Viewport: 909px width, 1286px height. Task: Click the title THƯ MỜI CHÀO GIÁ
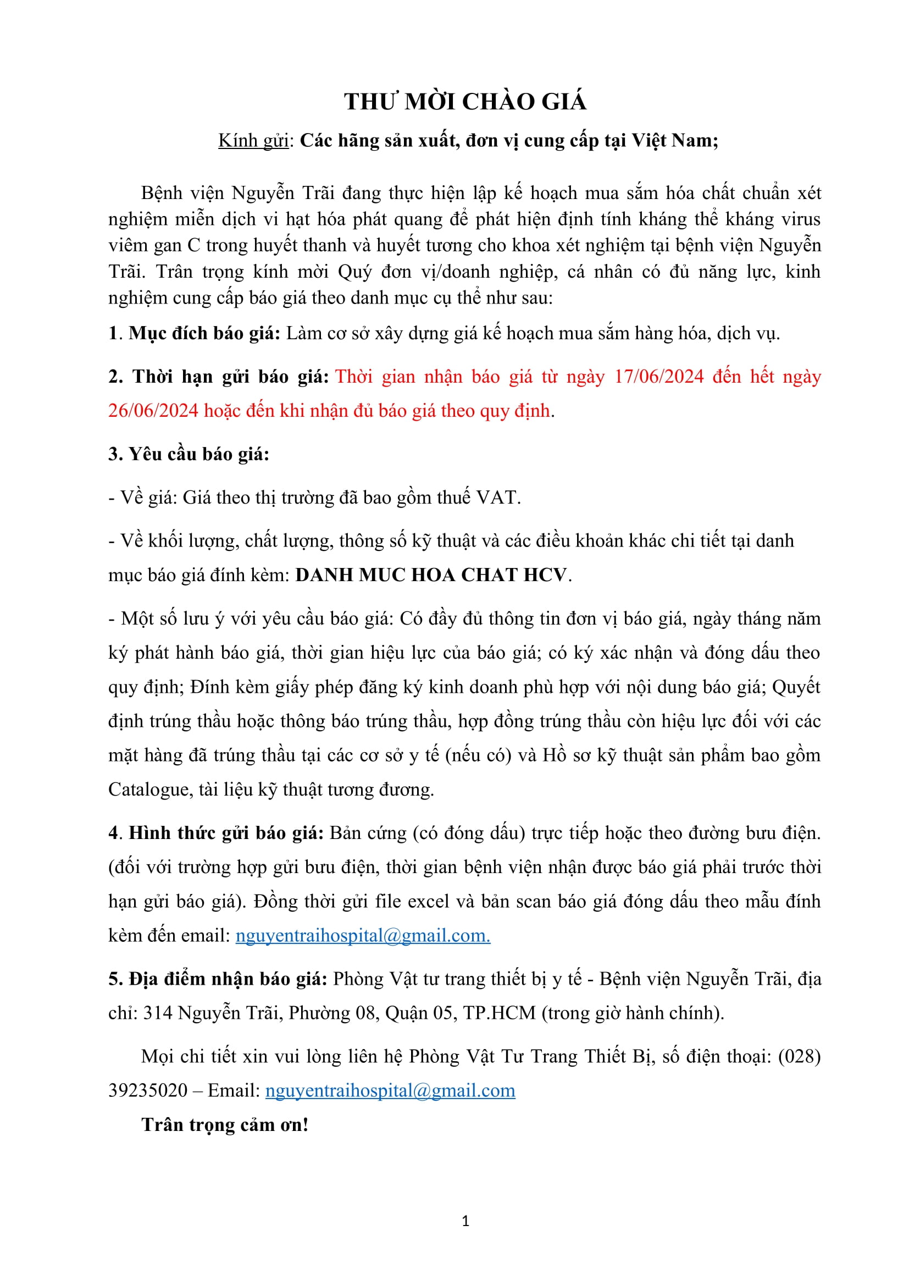click(x=465, y=102)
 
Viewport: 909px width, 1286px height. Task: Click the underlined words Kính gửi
click(x=253, y=141)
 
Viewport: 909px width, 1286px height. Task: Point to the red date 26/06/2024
click(x=153, y=411)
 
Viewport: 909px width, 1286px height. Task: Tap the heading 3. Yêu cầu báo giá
click(x=189, y=454)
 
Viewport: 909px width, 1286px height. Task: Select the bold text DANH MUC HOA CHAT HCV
click(x=431, y=575)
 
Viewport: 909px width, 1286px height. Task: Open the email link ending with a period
click(x=363, y=935)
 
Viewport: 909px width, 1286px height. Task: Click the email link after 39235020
click(x=390, y=1090)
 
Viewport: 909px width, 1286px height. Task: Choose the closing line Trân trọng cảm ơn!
click(x=225, y=1125)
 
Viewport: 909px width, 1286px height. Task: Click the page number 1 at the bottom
click(x=465, y=1221)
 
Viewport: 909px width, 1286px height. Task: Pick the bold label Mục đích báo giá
click(x=204, y=333)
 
